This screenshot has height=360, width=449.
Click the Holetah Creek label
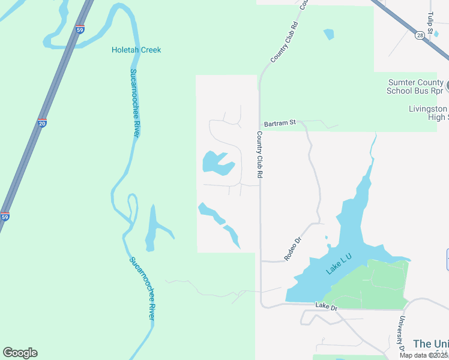pos(136,50)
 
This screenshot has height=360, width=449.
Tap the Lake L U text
pos(339,265)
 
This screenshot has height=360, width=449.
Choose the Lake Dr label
pos(327,307)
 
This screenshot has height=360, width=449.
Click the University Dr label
pos(401,334)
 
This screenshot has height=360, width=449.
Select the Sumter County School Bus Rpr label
pos(416,86)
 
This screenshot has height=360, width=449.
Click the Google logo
pos(20,353)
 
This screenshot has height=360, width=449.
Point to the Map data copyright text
pos(424,355)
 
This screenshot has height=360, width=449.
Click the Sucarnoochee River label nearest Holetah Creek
pos(135,103)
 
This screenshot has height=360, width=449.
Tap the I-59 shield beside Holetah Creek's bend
pos(80,29)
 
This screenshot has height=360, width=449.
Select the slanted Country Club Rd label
pos(284,43)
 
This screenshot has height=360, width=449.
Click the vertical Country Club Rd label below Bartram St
pos(260,154)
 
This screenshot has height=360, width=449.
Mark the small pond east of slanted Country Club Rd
pos(328,34)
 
